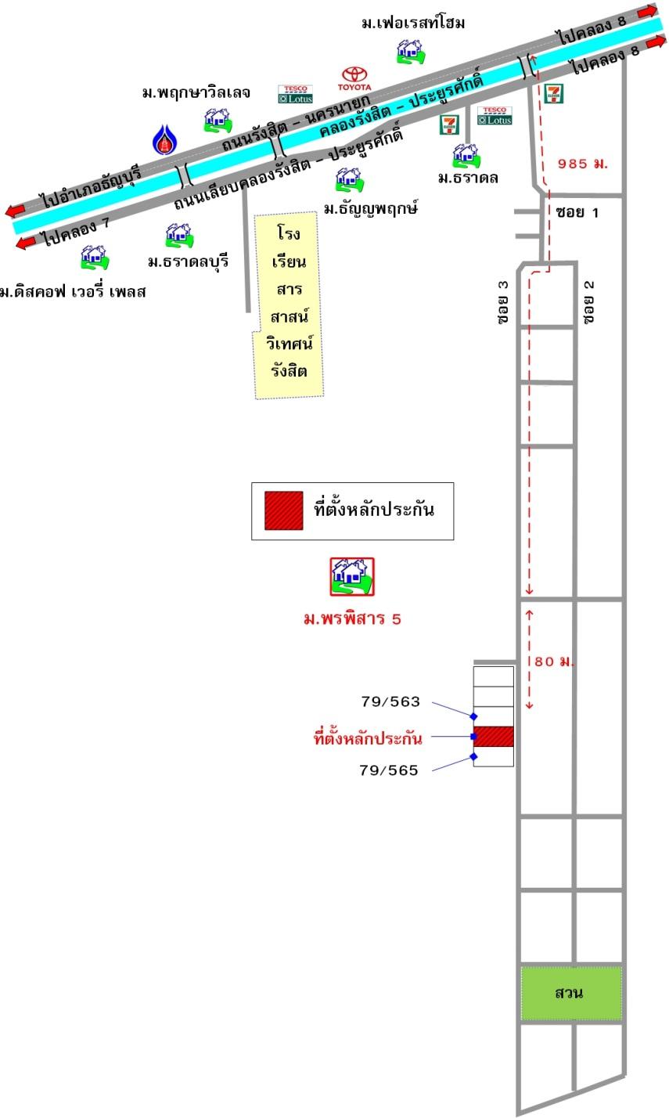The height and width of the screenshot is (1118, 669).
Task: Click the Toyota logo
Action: coord(354,79)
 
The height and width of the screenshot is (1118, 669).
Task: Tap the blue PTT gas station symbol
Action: coord(164,139)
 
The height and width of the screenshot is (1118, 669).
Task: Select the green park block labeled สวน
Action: coord(571,994)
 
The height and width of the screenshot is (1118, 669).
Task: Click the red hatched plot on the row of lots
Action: coord(494,736)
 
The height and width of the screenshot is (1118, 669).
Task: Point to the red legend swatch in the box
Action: coord(283,510)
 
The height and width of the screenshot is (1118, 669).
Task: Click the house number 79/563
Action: coord(390,701)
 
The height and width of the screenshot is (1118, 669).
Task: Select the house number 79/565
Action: coord(389,770)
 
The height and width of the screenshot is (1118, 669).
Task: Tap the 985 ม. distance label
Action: coord(583,163)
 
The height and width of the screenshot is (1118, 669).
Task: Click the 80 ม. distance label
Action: coord(554,662)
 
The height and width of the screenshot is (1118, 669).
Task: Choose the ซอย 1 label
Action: coord(577,213)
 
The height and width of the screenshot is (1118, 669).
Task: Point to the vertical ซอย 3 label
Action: coord(503,301)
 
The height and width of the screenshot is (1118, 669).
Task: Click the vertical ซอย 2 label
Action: coord(589,301)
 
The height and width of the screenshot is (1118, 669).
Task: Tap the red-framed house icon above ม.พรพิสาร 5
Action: coord(351,576)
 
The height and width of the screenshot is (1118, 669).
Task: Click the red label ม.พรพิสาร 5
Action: coord(352,619)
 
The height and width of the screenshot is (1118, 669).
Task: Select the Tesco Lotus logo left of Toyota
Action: coord(295,94)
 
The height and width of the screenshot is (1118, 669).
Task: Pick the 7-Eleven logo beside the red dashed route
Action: coord(553,93)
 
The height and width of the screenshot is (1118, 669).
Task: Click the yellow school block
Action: coord(289,305)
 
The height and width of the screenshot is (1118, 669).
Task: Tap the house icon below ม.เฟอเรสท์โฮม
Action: coord(411,52)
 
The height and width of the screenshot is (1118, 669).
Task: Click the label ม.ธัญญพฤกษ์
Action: coord(371,207)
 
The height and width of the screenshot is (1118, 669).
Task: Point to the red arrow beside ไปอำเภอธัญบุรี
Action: coord(15,210)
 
